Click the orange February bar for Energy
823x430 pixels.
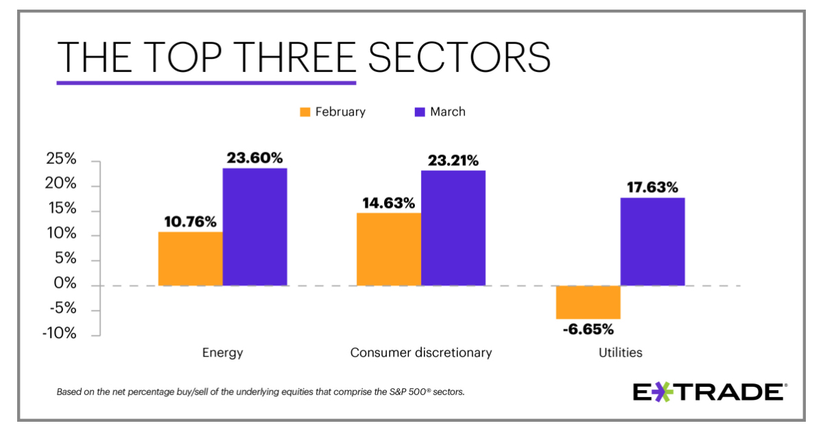coord(190,259)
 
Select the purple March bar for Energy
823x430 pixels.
coord(254,226)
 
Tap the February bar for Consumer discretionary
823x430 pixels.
coord(388,249)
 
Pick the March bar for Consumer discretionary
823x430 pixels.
coord(453,228)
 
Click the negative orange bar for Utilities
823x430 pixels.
coord(588,302)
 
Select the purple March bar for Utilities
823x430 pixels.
coord(652,241)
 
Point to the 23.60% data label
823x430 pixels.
coord(254,158)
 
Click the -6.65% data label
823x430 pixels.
coord(588,329)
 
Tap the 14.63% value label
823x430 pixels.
coord(388,203)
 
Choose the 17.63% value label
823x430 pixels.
coord(652,187)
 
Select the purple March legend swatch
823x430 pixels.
coord(420,112)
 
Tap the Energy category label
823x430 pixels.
coord(222,353)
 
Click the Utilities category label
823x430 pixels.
coord(620,353)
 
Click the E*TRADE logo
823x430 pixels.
coord(709,392)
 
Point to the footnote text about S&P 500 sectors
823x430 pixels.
coord(261,392)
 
